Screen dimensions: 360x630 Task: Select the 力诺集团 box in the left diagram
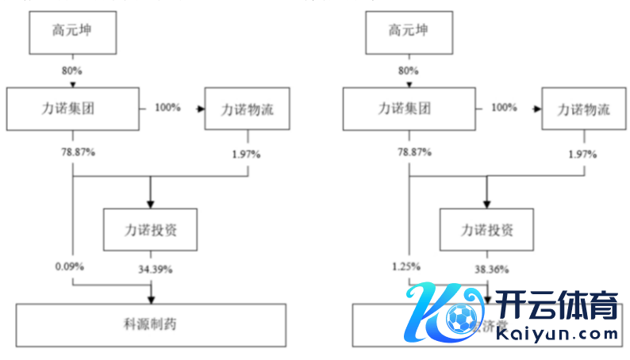click(72, 109)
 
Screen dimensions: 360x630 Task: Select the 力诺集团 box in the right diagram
click(408, 109)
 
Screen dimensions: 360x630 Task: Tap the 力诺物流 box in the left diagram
click(247, 109)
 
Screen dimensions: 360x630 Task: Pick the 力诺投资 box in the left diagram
click(150, 230)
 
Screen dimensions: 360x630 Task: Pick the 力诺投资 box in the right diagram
click(486, 230)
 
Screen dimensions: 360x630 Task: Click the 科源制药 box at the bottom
click(151, 325)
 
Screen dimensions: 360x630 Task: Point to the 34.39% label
click(155, 269)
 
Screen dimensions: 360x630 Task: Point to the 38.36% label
click(491, 269)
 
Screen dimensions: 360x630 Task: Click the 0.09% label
click(71, 266)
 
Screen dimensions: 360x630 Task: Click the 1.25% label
click(407, 266)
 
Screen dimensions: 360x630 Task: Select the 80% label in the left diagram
click(72, 71)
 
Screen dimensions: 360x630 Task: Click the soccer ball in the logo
click(458, 319)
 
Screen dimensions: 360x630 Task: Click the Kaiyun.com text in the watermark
click(556, 334)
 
